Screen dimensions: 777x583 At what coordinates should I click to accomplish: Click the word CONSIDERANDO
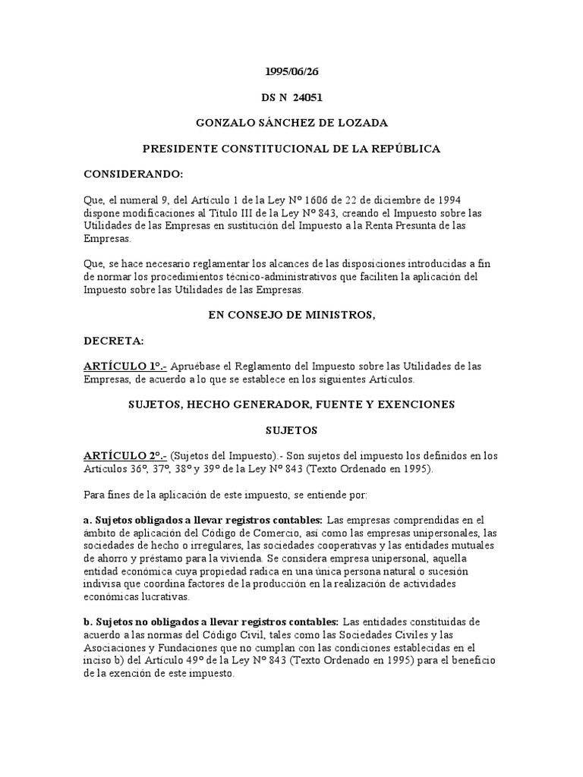[133, 174]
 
